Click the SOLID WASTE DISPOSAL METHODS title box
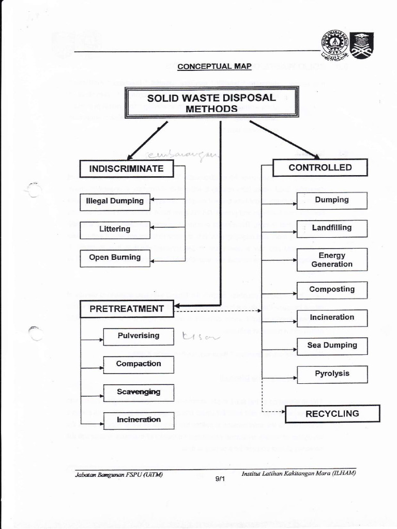tap(211, 103)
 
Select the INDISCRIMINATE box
tap(126, 168)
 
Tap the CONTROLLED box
tap(320, 167)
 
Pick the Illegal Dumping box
tap(115, 201)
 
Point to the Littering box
tap(115, 229)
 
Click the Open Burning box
tap(115, 258)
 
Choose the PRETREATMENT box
tap(127, 309)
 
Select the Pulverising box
tap(139, 336)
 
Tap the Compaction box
tap(139, 364)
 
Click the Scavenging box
tap(139, 392)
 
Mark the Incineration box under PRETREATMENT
tap(139, 420)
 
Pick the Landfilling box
tap(332, 228)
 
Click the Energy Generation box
tap(332, 260)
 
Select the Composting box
tap(332, 290)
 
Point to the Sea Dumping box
tap(332, 346)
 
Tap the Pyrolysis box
tap(332, 374)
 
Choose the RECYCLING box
tap(332, 414)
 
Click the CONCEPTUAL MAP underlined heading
tap(214, 67)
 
